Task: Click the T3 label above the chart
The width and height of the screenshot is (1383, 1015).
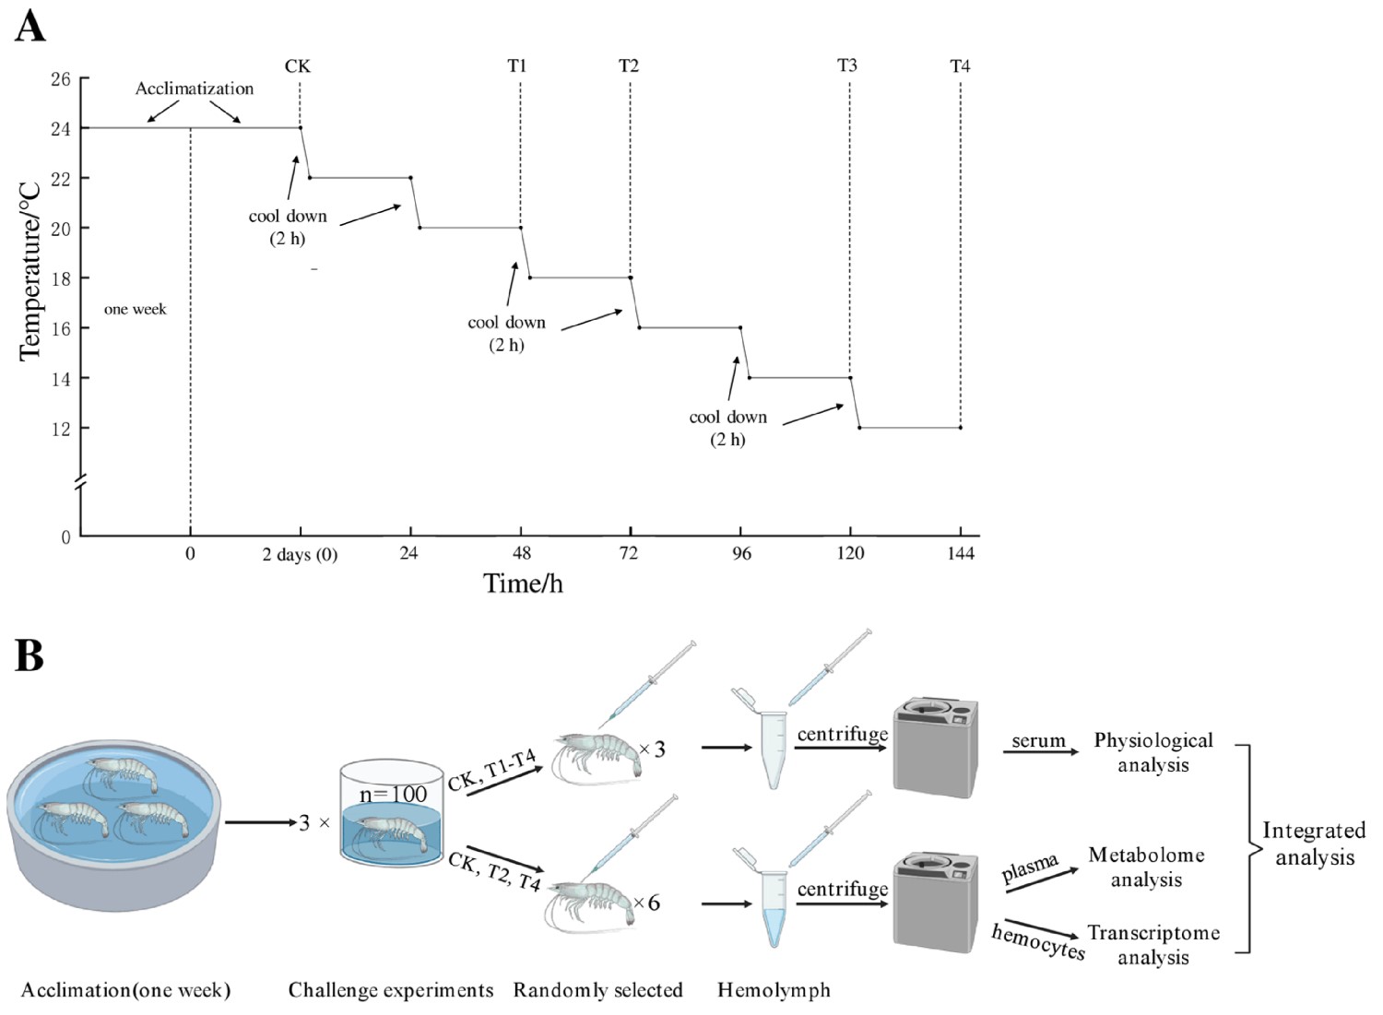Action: click(x=847, y=65)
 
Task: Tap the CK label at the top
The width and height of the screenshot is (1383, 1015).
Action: click(x=298, y=66)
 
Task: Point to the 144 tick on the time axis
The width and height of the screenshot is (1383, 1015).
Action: click(x=961, y=553)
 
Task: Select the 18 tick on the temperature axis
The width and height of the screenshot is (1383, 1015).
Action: click(x=61, y=278)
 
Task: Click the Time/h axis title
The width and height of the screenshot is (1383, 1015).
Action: click(x=523, y=584)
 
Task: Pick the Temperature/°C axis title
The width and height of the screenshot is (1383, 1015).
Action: click(x=30, y=270)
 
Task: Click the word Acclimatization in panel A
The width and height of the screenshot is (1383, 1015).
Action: click(x=195, y=89)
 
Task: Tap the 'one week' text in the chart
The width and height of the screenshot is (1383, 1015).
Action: click(x=136, y=310)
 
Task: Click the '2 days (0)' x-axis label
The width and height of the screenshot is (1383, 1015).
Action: click(x=300, y=554)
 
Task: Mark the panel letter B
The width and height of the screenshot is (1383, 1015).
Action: click(x=30, y=655)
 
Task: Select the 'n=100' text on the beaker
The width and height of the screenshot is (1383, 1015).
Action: click(x=393, y=794)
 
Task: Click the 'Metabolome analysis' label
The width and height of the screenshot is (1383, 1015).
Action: click(x=1146, y=867)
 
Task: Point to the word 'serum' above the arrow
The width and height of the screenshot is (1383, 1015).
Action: click(x=1038, y=741)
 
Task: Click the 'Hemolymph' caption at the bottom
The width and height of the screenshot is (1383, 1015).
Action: click(x=774, y=991)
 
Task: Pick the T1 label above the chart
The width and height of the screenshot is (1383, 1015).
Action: click(x=517, y=66)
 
